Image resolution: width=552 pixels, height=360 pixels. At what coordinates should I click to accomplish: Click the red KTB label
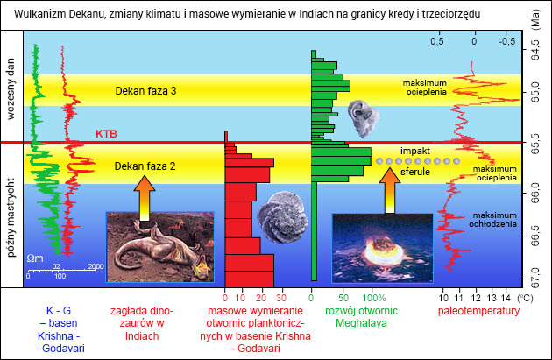click(x=106, y=134)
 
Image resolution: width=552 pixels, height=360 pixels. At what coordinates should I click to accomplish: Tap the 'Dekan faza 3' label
click(x=145, y=91)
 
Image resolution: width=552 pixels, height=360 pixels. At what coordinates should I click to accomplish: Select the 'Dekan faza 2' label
click(x=145, y=166)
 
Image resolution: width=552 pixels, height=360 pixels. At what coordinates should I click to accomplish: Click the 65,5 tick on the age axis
click(x=535, y=144)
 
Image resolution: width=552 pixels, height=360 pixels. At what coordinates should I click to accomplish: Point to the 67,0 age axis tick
click(x=535, y=278)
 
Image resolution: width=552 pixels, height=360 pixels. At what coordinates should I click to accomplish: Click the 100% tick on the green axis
click(x=374, y=298)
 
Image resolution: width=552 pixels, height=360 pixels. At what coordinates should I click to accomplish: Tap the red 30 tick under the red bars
click(x=281, y=298)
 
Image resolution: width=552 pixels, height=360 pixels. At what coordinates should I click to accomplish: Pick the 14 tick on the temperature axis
click(x=506, y=298)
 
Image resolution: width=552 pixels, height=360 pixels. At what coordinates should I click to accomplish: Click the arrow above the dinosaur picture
click(x=145, y=198)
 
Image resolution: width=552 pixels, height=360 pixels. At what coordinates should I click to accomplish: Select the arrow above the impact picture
click(x=390, y=190)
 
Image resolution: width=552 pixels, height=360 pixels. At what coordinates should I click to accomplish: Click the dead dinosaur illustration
click(x=160, y=247)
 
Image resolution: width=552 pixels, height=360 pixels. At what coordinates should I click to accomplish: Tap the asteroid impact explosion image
click(x=383, y=249)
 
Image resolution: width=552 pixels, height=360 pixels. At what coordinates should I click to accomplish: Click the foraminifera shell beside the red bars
click(x=282, y=217)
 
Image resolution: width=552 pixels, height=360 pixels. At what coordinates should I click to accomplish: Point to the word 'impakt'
click(x=415, y=151)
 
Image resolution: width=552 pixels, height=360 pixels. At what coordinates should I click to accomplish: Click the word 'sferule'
click(x=415, y=172)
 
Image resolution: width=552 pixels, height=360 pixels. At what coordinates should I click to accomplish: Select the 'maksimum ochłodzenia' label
click(x=492, y=220)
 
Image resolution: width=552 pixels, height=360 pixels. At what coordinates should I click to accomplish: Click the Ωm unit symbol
click(x=35, y=258)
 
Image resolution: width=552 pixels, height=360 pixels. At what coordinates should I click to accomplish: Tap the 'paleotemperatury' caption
click(x=478, y=311)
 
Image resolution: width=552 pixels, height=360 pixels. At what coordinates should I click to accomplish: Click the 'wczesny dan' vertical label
click(x=11, y=89)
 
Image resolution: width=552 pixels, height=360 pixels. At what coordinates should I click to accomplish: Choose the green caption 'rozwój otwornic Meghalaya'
click(x=361, y=317)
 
